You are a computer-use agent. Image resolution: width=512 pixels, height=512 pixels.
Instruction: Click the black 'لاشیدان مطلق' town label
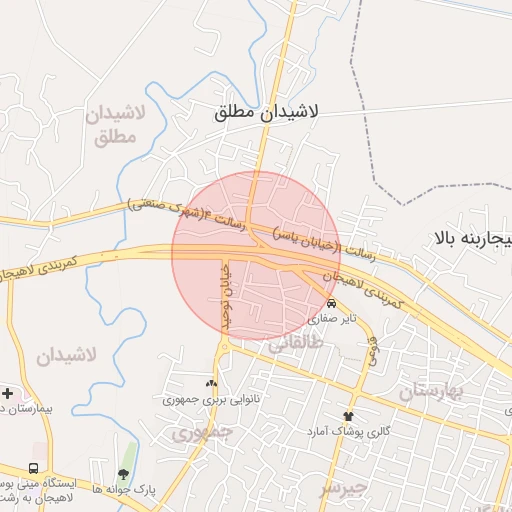coord(266,113)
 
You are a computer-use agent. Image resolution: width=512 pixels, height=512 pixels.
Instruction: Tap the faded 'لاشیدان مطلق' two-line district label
coord(117,125)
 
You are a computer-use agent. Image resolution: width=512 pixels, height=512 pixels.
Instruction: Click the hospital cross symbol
coord(7,394)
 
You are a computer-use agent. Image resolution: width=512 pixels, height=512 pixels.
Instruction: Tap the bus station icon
coord(35,468)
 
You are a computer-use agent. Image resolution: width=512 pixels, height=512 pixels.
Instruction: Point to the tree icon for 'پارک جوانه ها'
coord(123,474)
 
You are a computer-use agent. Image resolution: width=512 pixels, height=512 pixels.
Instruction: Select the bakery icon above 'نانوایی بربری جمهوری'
coord(210,383)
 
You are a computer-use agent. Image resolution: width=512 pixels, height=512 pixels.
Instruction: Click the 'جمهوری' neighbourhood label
coord(201,433)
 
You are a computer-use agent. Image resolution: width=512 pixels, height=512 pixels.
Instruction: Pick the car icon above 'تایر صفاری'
coord(331,304)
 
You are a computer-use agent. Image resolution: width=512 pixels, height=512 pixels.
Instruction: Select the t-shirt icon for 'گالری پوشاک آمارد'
coord(348,416)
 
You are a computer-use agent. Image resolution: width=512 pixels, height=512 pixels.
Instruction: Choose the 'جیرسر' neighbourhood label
coord(344,489)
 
